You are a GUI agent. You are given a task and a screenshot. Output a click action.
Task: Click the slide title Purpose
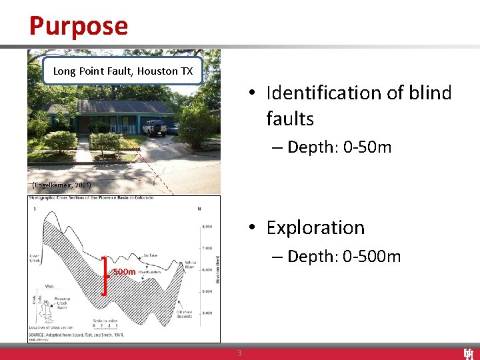click(x=78, y=26)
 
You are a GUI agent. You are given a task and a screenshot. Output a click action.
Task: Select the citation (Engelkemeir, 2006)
click(x=61, y=184)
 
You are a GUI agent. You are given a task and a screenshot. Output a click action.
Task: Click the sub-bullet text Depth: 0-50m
click(x=339, y=147)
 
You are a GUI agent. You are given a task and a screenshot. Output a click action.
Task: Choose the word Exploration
click(x=315, y=227)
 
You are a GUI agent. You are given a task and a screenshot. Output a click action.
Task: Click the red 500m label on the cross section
click(x=124, y=271)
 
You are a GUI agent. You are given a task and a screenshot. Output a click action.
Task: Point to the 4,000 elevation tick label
click(x=207, y=313)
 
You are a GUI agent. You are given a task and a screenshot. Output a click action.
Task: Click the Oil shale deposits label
click(x=185, y=314)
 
